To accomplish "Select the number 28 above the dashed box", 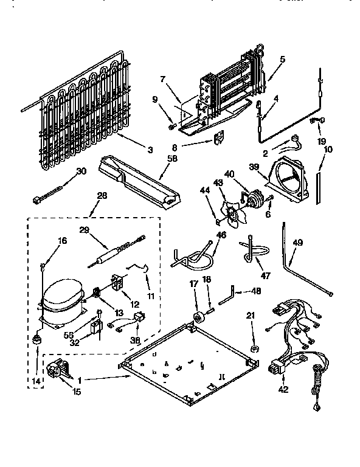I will point(101,196).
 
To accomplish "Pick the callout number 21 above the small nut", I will point(251,315).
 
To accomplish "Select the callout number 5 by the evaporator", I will point(282,60).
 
